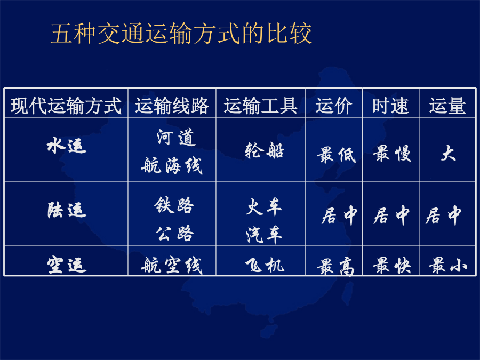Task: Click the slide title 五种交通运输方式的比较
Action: click(181, 33)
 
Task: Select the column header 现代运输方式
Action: click(66, 106)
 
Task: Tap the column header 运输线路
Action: click(172, 106)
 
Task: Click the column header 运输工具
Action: click(260, 106)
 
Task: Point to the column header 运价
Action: click(334, 106)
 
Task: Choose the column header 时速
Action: click(390, 106)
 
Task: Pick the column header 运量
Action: click(447, 106)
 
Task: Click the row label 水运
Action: click(67, 145)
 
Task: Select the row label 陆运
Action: click(67, 210)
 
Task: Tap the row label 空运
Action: click(67, 265)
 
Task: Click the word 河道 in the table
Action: click(176, 137)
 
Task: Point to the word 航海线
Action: click(172, 166)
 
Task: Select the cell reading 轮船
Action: click(265, 150)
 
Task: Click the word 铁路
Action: click(173, 205)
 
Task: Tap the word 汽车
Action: click(264, 235)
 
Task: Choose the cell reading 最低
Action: click(336, 155)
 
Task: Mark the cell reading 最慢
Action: click(392, 154)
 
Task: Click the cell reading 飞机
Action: click(265, 265)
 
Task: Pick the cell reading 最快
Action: click(392, 265)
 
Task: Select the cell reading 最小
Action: click(448, 265)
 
